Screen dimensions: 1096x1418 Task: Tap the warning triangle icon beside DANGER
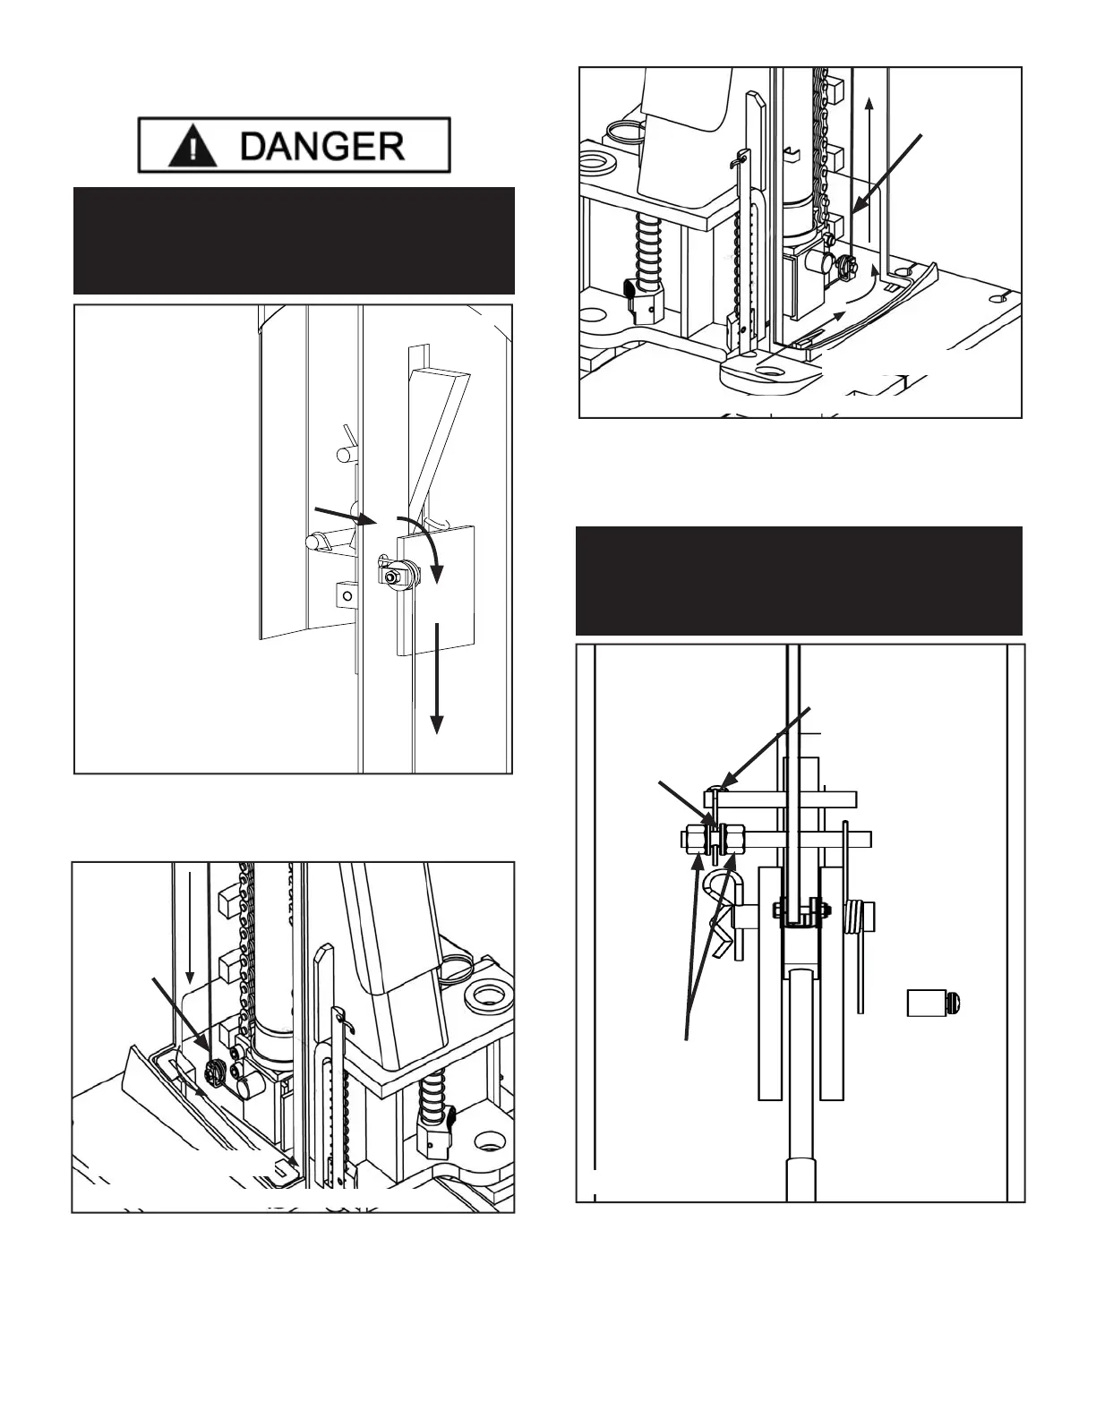pyautogui.click(x=192, y=145)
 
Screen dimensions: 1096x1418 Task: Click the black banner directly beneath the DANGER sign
pyautogui.click(x=294, y=240)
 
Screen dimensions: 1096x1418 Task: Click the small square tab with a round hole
pyautogui.click(x=344, y=594)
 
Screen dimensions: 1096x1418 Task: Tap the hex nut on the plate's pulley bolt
pyautogui.click(x=391, y=577)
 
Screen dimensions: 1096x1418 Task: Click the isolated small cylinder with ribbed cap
pyautogui.click(x=935, y=1003)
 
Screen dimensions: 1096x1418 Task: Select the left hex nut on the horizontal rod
pyautogui.click(x=693, y=840)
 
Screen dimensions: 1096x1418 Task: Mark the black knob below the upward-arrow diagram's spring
pyautogui.click(x=629, y=290)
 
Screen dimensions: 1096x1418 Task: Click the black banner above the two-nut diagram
pyautogui.click(x=798, y=580)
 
